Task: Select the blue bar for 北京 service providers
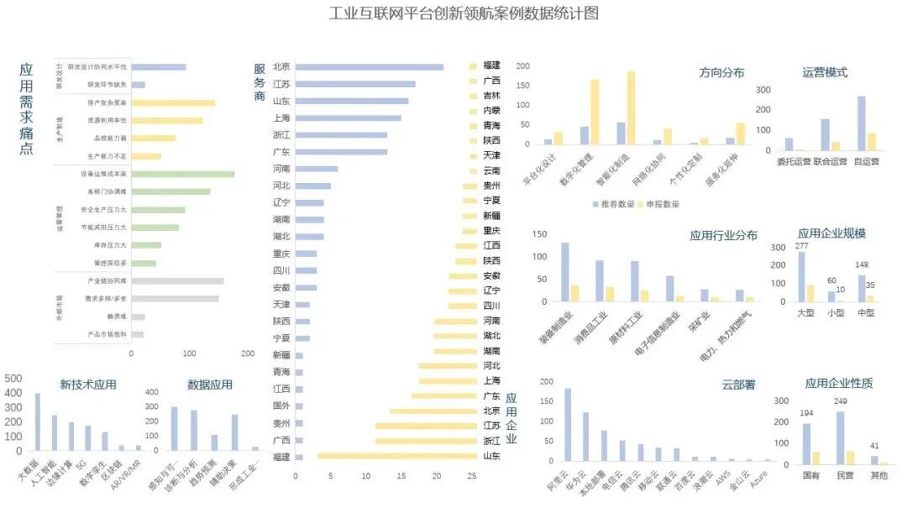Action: [x=370, y=67]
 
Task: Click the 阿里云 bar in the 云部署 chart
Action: [x=568, y=425]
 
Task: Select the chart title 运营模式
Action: [x=825, y=72]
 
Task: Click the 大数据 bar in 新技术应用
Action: [x=38, y=421]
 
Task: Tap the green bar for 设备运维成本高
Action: [x=183, y=175]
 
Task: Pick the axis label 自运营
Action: [x=865, y=161]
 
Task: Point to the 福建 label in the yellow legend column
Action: [x=491, y=65]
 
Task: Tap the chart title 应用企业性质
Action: [x=838, y=384]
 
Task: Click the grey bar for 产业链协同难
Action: [x=178, y=280]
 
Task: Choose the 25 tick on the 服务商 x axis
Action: [x=472, y=476]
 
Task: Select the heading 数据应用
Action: [x=210, y=385]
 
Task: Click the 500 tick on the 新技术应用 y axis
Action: [x=14, y=379]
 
